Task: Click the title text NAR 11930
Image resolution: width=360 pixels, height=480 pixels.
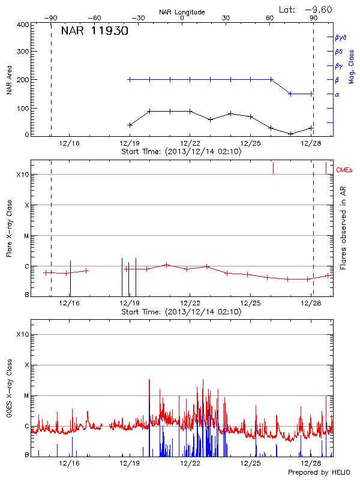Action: coord(95,31)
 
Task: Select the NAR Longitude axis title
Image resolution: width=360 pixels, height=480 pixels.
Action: coord(182,11)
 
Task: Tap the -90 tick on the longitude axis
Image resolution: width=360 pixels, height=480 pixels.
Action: coord(52,18)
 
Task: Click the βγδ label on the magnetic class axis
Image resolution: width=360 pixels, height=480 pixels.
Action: coord(340,37)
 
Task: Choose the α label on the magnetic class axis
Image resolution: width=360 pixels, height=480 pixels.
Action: coord(337,94)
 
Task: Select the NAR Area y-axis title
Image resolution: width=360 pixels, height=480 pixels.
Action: coord(10,80)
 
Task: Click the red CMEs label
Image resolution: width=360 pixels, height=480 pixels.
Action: coord(345,170)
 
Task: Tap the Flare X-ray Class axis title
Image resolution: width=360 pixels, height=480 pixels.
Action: coord(10,228)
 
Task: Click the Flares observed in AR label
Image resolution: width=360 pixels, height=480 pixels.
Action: coord(343,228)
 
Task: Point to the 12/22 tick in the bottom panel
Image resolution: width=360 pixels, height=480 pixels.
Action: coord(190,463)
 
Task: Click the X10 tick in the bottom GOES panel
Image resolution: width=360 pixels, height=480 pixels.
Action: coord(23,334)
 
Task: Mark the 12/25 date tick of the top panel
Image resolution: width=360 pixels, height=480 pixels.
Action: coord(251,143)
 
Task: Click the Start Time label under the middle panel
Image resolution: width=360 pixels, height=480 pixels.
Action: coord(181,312)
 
